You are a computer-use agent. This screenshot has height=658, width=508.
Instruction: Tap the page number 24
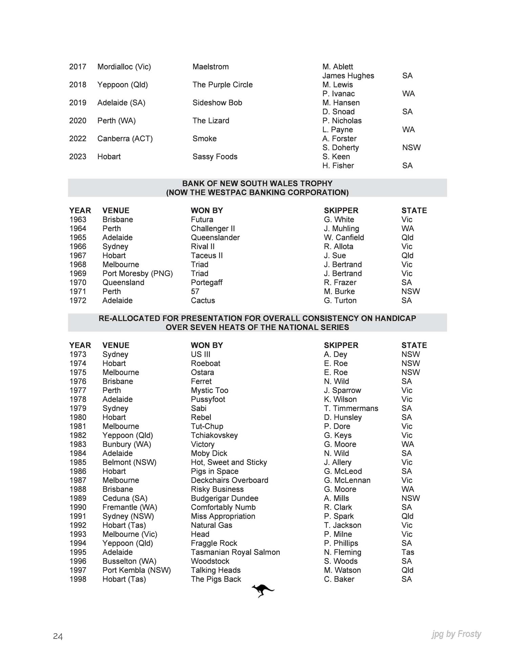pyautogui.click(x=58, y=637)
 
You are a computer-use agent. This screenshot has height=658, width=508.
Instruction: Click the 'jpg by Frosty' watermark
pyautogui.click(x=456, y=634)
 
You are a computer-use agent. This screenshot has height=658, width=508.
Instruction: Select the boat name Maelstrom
pyautogui.click(x=210, y=67)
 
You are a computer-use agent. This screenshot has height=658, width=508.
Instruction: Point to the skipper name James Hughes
pyautogui.click(x=348, y=76)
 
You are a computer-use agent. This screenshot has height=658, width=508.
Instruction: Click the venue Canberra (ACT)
pyautogui.click(x=125, y=139)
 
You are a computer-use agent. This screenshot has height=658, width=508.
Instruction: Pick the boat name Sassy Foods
pyautogui.click(x=215, y=157)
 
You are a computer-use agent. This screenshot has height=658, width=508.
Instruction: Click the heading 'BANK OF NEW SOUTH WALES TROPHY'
pyautogui.click(x=257, y=183)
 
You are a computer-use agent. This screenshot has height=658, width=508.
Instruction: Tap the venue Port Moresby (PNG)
pyautogui.click(x=137, y=274)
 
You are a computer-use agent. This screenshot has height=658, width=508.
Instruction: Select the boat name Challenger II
pyautogui.click(x=213, y=228)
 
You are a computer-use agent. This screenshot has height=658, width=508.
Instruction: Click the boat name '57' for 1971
pyautogui.click(x=195, y=292)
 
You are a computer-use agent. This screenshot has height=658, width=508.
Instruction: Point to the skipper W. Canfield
pyautogui.click(x=344, y=238)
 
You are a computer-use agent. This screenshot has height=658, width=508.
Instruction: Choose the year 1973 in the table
pyautogui.click(x=78, y=354)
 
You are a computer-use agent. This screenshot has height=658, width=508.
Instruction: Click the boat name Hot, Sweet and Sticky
pyautogui.click(x=229, y=462)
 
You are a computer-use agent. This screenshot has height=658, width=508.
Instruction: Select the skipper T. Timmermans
pyautogui.click(x=351, y=408)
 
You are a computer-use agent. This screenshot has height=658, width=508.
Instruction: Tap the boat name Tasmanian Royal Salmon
pyautogui.click(x=235, y=552)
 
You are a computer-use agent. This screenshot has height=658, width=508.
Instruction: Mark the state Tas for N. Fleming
pyautogui.click(x=408, y=552)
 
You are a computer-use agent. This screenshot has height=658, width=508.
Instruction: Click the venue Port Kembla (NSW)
pyautogui.click(x=136, y=570)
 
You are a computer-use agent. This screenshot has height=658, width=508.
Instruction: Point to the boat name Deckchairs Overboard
pyautogui.click(x=229, y=480)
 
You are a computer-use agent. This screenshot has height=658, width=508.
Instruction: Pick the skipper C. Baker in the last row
pyautogui.click(x=339, y=579)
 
